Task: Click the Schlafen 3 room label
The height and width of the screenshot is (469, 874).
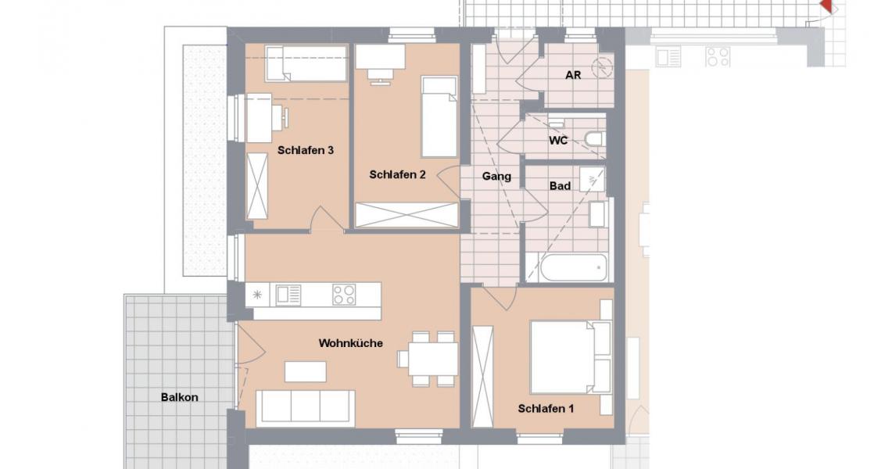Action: point(306,150)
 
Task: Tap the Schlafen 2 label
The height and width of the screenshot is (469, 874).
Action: point(397,175)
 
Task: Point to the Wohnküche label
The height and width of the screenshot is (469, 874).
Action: point(350,342)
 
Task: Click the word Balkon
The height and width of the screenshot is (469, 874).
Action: point(180,397)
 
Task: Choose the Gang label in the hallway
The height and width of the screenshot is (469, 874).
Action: point(496,177)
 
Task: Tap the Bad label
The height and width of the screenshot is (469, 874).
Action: point(560,186)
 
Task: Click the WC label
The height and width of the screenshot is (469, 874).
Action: point(558,141)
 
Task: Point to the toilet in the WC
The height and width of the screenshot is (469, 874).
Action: point(594,140)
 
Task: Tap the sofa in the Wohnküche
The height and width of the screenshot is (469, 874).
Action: point(306,407)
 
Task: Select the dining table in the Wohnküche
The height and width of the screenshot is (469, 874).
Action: point(432,359)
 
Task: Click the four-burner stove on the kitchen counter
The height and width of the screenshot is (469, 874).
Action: point(344,294)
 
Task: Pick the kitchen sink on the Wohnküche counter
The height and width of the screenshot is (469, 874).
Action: point(288,294)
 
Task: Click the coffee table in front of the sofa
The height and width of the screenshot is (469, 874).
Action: point(305,371)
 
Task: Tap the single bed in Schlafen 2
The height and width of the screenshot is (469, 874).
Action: point(439,116)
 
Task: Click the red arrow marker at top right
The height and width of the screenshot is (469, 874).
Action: point(827,7)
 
